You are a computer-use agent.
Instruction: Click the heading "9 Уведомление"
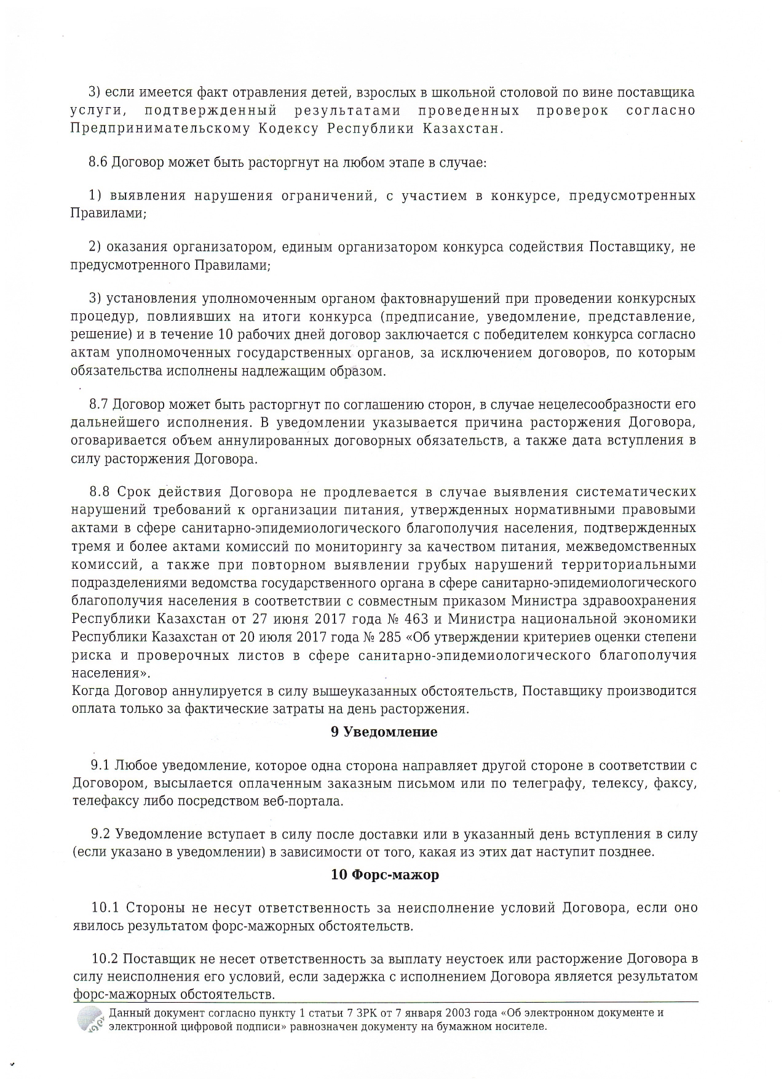[x=384, y=732]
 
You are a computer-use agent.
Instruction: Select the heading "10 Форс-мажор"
[x=385, y=874]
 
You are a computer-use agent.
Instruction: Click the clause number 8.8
[x=100, y=492]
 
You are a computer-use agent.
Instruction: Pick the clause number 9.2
[x=101, y=834]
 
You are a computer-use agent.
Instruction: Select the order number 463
[x=427, y=619]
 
